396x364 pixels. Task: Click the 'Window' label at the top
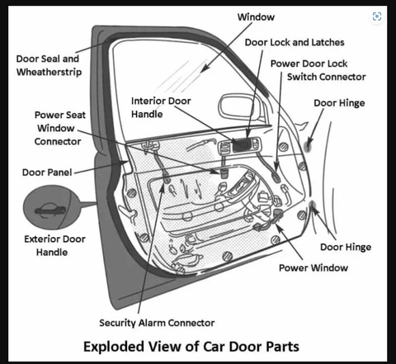point(257,17)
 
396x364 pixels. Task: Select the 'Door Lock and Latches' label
point(295,41)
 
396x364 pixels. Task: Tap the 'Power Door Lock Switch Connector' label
point(318,70)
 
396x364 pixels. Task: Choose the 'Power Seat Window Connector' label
point(58,129)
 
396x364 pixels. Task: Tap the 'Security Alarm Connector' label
point(157,322)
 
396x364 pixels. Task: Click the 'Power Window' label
point(313,267)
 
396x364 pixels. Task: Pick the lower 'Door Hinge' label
point(345,247)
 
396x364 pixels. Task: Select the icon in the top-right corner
point(377,17)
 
